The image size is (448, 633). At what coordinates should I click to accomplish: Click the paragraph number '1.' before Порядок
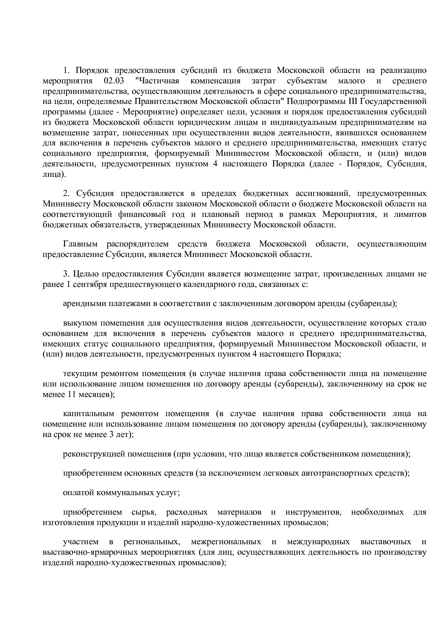click(67, 70)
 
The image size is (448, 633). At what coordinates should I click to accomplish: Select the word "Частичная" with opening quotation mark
click(159, 80)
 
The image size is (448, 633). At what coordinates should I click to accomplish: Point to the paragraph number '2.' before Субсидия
click(67, 193)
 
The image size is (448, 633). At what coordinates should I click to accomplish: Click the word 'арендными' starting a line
click(85, 304)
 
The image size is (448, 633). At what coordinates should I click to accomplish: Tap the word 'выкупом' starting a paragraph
click(80, 323)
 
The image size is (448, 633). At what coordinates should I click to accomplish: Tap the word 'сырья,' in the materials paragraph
click(143, 512)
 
